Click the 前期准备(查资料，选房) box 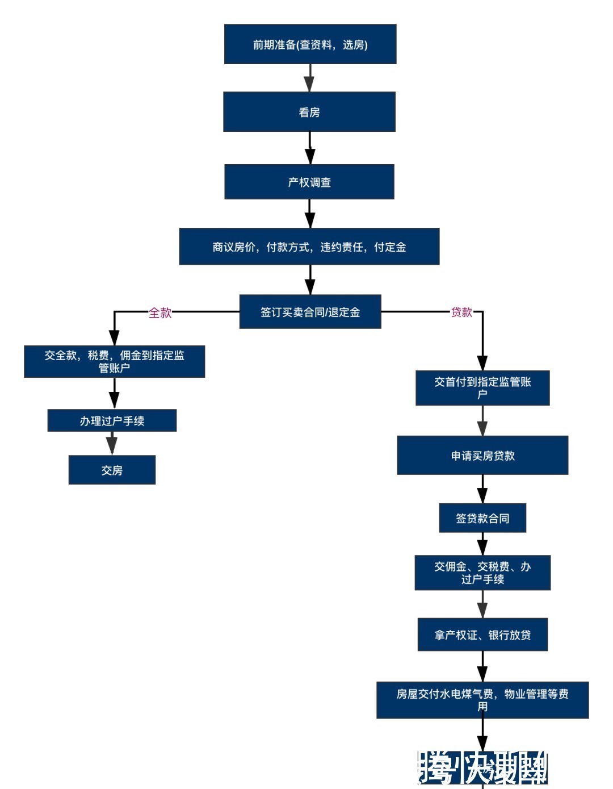[x=310, y=44]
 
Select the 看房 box [x=309, y=112]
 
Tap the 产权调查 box [x=309, y=182]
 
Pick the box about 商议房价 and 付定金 [x=309, y=247]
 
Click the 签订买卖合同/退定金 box [x=310, y=311]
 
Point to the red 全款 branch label [x=160, y=312]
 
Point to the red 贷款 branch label [x=461, y=312]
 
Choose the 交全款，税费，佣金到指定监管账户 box [x=114, y=361]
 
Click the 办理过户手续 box [x=112, y=420]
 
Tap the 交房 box [x=112, y=470]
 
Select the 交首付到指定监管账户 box [x=482, y=388]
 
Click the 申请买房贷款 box [x=482, y=455]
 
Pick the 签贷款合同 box [x=482, y=517]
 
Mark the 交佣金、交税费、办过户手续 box [x=482, y=573]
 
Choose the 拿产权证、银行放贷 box [x=482, y=634]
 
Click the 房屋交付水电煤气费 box [x=482, y=700]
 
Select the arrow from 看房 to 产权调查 [x=310, y=148]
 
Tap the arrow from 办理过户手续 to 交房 [x=112, y=443]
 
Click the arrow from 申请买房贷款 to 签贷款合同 [x=482, y=489]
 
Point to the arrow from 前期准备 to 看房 [x=309, y=78]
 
